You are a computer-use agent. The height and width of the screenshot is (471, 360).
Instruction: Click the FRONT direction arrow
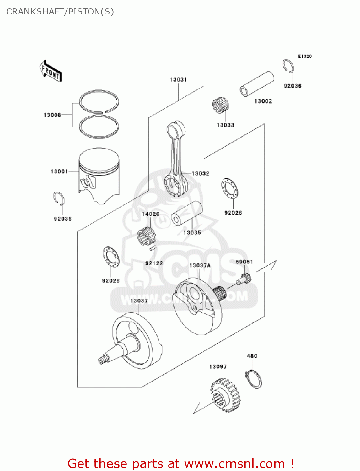click(51, 71)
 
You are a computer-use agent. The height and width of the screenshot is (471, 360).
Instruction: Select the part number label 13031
click(178, 80)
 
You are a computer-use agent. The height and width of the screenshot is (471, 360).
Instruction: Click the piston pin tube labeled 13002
click(257, 84)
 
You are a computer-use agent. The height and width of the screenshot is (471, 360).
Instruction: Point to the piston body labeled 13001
click(99, 174)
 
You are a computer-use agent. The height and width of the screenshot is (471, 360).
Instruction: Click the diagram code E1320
click(305, 56)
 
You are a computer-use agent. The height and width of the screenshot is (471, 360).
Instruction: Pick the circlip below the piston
click(59, 198)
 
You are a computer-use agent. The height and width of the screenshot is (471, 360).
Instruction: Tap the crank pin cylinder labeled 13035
click(187, 213)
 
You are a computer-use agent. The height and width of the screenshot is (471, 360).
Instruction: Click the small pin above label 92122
click(153, 248)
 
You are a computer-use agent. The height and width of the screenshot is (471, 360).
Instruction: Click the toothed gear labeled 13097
click(225, 395)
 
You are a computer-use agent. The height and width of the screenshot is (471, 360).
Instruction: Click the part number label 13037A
click(200, 266)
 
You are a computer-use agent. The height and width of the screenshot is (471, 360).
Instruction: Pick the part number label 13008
click(52, 115)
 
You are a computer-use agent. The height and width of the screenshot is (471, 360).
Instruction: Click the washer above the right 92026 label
click(229, 188)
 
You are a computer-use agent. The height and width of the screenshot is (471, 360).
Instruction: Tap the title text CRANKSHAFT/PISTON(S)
click(60, 12)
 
